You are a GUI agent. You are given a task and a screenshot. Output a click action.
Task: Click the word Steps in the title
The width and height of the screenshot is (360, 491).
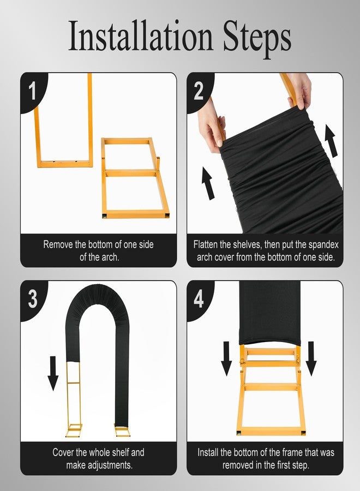[257, 39]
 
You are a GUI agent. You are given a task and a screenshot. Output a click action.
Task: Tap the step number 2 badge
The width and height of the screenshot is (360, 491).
[199, 91]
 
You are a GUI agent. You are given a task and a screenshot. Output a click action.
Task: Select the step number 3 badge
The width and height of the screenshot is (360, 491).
[33, 299]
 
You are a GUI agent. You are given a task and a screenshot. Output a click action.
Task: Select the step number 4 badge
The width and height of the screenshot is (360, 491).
[199, 299]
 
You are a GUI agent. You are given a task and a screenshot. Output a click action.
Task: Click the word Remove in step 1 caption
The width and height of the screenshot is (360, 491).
[58, 244]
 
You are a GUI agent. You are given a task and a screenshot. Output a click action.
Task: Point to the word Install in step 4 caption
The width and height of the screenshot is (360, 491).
[208, 452]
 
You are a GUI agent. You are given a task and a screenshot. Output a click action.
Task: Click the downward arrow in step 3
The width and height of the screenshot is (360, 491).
[53, 373]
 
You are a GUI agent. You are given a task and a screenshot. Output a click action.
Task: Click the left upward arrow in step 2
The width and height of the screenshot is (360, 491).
[208, 183]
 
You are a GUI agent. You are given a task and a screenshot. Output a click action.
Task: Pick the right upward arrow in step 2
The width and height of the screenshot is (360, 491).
[331, 140]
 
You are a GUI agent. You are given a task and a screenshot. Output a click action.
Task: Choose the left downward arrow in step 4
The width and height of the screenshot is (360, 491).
[226, 358]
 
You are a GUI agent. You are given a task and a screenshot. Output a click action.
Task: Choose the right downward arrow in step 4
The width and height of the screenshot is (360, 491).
[311, 358]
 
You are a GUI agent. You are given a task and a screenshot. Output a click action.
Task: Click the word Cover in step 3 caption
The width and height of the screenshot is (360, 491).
[63, 452]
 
